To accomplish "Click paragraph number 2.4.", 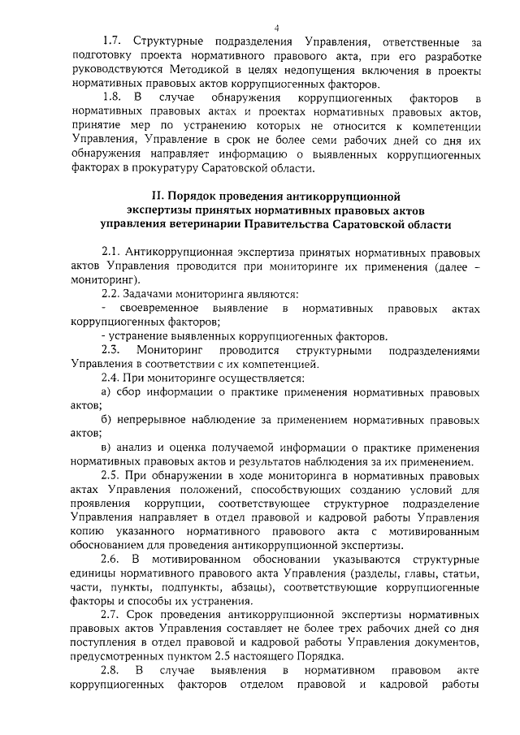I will coord(111,378).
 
